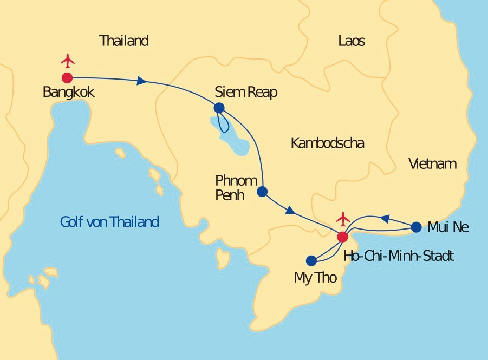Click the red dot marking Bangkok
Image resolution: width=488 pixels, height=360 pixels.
click(67, 78)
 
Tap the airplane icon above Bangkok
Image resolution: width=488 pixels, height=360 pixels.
click(68, 60)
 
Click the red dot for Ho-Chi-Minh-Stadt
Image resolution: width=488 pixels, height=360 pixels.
click(342, 237)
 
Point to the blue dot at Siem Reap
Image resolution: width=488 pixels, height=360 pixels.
click(219, 108)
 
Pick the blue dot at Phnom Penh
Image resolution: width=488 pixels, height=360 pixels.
click(262, 191)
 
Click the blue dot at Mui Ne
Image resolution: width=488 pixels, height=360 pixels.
click(416, 227)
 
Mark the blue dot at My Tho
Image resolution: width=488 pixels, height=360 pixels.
click(311, 260)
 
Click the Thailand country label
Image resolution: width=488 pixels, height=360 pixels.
click(124, 41)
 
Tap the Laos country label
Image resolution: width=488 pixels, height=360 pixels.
click(352, 41)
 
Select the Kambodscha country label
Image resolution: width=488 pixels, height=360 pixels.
click(327, 143)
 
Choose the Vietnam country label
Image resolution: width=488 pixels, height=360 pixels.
click(432, 163)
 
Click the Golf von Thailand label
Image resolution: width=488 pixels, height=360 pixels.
click(109, 221)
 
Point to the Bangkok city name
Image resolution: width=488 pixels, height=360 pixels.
click(68, 92)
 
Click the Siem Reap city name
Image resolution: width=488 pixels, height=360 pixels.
click(246, 92)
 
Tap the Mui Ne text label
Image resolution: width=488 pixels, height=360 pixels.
click(448, 227)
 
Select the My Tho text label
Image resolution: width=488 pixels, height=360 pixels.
click(315, 278)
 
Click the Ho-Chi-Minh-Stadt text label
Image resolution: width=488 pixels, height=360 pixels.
click(399, 256)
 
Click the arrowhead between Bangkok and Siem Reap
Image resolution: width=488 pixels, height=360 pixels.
click(142, 81)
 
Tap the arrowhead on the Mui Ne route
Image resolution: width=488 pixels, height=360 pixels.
click(384, 219)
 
